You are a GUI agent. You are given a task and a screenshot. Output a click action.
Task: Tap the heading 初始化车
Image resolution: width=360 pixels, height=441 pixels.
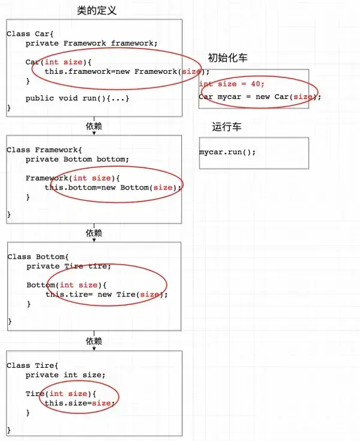coord(227,58)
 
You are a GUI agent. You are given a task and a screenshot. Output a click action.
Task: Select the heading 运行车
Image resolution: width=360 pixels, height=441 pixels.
coord(226,127)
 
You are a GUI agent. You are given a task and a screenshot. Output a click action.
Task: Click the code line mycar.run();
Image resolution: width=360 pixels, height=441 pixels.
coord(227,152)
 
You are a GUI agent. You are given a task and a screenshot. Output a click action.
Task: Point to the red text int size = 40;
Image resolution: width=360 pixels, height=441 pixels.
coord(232,85)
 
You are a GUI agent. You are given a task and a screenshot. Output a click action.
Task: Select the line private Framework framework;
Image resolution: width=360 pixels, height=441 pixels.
coord(91,43)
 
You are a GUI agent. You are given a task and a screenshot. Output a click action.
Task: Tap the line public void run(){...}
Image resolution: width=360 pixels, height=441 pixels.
coord(77,98)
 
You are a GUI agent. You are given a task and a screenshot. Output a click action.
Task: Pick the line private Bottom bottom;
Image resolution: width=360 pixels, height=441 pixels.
coord(77,160)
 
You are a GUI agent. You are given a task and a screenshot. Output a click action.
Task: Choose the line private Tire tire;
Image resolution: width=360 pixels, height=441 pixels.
coord(68,266)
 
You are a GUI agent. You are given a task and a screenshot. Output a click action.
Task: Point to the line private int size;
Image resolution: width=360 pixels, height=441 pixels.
coord(65,375)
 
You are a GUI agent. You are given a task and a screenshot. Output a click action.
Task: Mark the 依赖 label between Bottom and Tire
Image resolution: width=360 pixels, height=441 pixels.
coord(94,341)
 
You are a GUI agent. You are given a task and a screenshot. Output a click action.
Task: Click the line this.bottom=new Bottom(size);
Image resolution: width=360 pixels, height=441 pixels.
coord(113,187)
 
